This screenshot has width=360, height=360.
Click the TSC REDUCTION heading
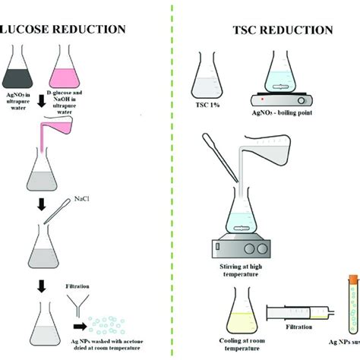tap(282, 30)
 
